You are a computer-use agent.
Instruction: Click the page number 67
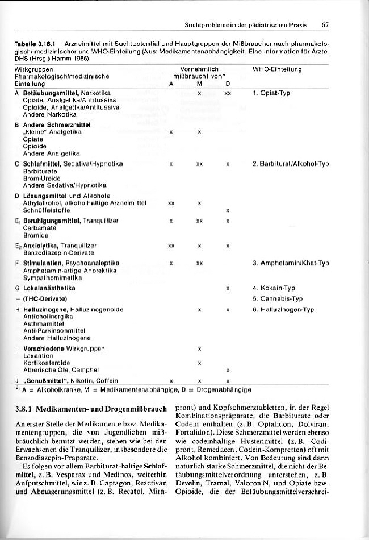click(325, 25)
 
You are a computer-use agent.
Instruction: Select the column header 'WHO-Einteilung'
click(276, 69)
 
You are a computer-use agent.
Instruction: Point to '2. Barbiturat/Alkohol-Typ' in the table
click(291, 164)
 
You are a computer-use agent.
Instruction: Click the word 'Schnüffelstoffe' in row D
click(43, 210)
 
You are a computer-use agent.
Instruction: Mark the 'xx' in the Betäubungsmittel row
click(227, 92)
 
